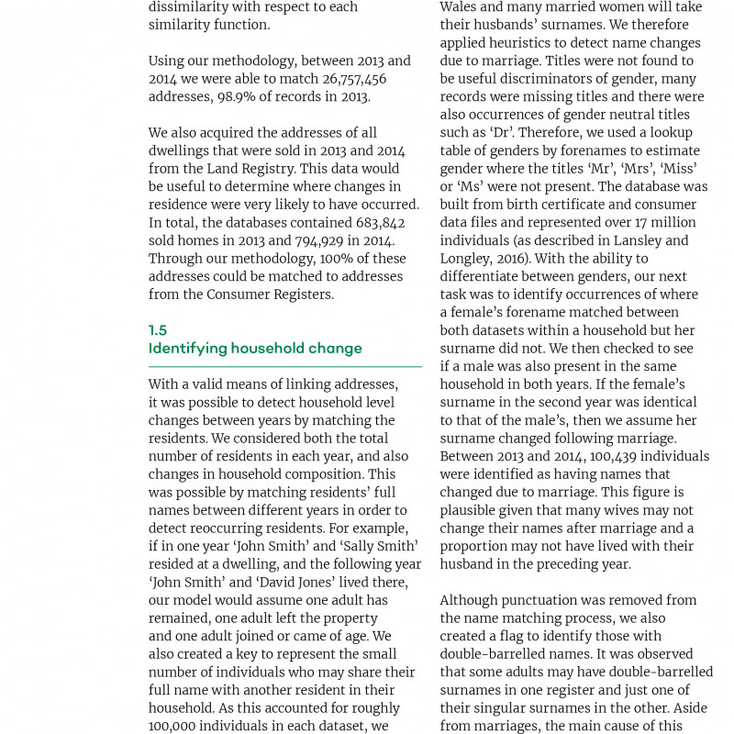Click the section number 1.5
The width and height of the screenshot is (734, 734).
click(158, 330)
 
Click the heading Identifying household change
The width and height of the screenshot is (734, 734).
click(255, 349)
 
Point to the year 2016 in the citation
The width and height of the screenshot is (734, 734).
click(509, 259)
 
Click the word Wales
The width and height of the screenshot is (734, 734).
click(462, 7)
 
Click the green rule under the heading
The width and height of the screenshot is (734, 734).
click(284, 367)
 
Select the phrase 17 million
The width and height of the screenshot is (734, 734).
click(654, 223)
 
